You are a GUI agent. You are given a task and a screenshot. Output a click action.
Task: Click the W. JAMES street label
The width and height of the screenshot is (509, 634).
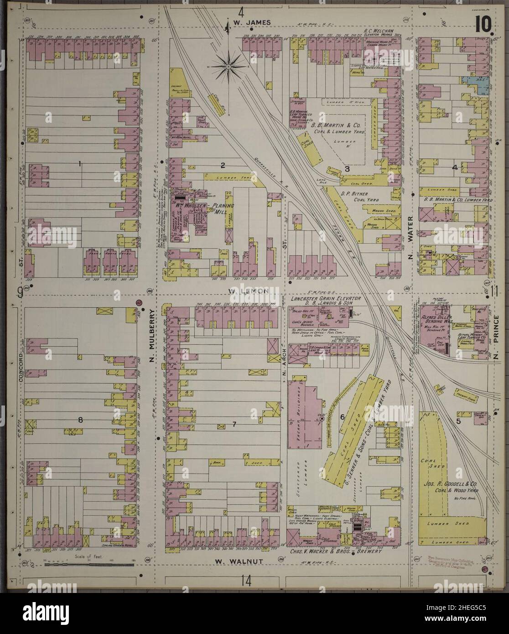(245, 22)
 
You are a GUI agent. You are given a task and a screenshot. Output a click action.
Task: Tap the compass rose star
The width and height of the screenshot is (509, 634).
(229, 66)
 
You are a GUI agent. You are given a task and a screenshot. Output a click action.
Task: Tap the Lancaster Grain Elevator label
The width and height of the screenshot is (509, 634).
(326, 298)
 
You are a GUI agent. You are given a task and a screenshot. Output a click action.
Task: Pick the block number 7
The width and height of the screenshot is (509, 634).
(234, 424)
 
